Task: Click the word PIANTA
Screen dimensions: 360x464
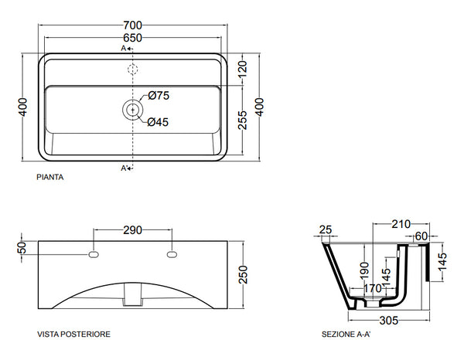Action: tap(49, 177)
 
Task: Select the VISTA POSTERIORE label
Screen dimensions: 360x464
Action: tap(73, 335)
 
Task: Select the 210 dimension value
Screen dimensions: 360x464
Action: tap(401, 225)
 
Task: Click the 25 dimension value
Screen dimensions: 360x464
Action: tap(326, 229)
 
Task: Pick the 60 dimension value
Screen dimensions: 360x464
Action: tap(421, 236)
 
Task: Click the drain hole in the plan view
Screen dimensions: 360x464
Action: tap(133, 109)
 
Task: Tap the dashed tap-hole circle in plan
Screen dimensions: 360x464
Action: tap(133, 70)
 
